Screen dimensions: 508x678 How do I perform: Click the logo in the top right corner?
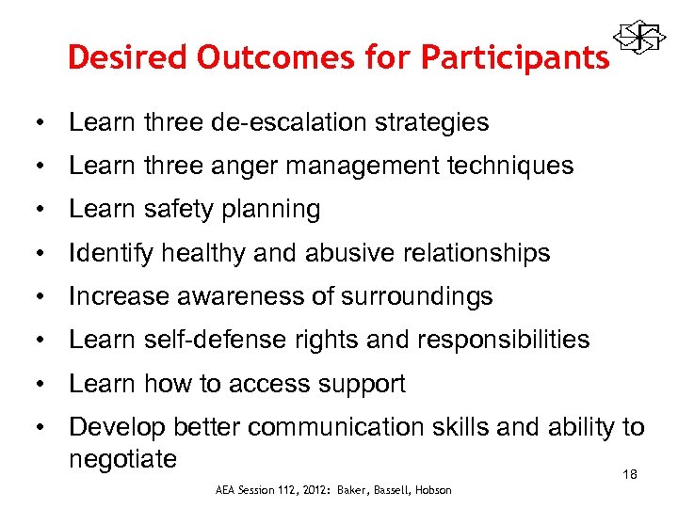coord(636,39)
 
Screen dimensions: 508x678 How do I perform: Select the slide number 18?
coord(630,475)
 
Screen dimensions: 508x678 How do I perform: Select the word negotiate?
coord(122,459)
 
